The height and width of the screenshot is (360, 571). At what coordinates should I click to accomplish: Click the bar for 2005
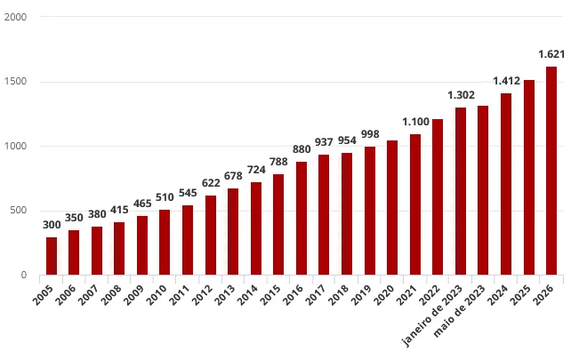[x=52, y=256]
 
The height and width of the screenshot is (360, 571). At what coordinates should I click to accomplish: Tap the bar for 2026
[x=551, y=171]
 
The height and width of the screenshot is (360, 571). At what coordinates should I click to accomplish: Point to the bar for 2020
[x=392, y=207]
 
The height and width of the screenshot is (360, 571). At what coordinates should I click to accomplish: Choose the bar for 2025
[x=529, y=177]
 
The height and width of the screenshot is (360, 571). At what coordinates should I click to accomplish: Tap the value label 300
[x=52, y=225]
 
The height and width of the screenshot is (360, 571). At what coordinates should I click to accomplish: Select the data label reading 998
[x=370, y=134]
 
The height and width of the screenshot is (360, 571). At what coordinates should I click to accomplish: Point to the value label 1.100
[x=415, y=122]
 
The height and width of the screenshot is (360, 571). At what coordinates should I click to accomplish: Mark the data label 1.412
[x=506, y=81]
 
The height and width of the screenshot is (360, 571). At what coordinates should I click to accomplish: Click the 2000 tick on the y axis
[x=15, y=18]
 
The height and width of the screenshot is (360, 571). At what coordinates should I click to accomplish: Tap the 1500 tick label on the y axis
[x=15, y=82]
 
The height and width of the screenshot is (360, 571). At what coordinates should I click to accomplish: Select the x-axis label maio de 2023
[x=462, y=311]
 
